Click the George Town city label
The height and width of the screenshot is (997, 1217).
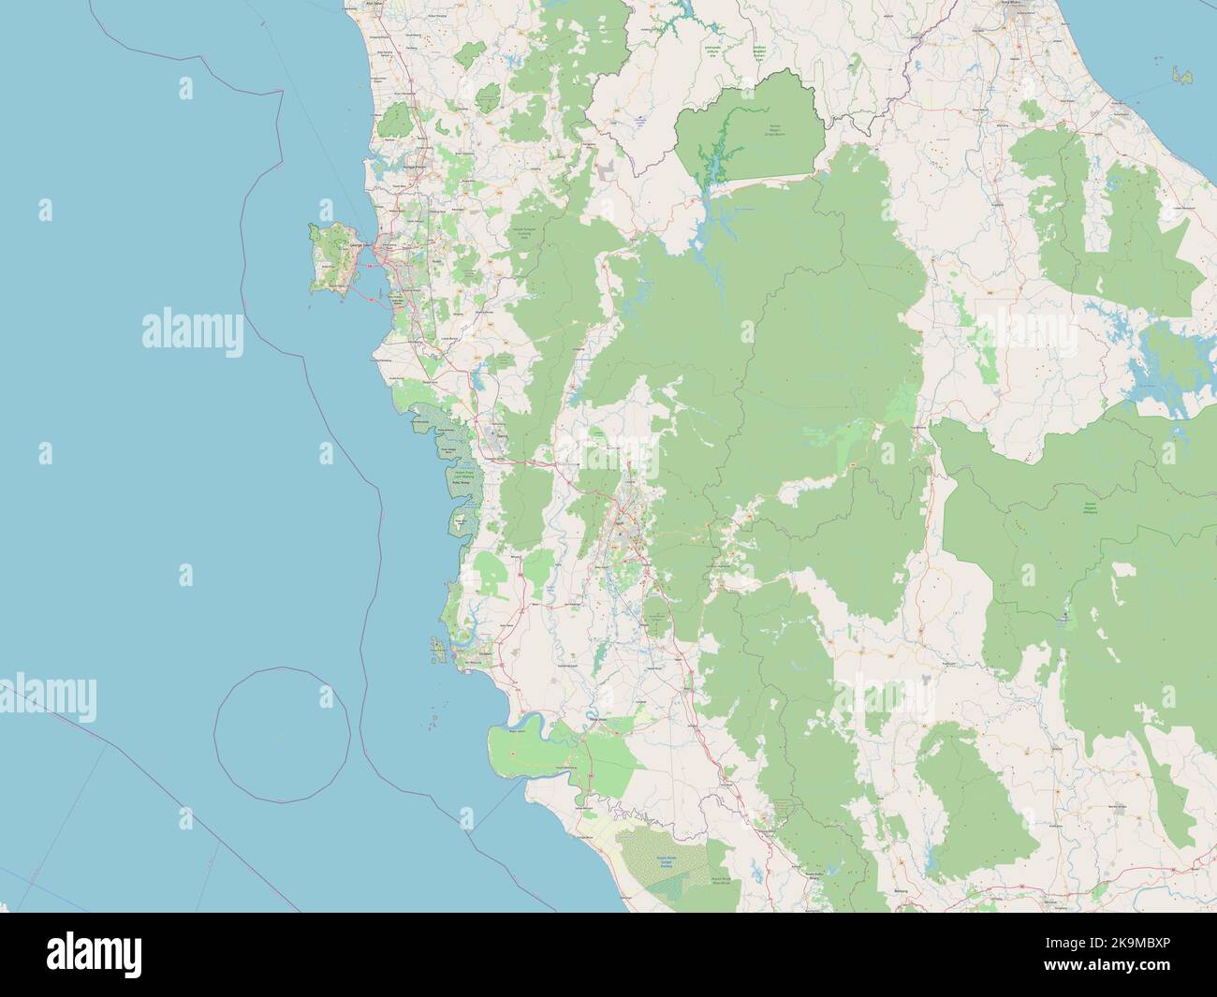pyautogui.click(x=357, y=245)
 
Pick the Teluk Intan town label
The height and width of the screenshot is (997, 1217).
pyautogui.click(x=598, y=719)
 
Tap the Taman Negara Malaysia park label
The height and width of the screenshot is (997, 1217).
pyautogui.click(x=1088, y=508)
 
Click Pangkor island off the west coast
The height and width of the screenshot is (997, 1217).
pyautogui.click(x=436, y=645)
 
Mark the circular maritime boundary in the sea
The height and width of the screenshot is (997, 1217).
pyautogui.click(x=283, y=734)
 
